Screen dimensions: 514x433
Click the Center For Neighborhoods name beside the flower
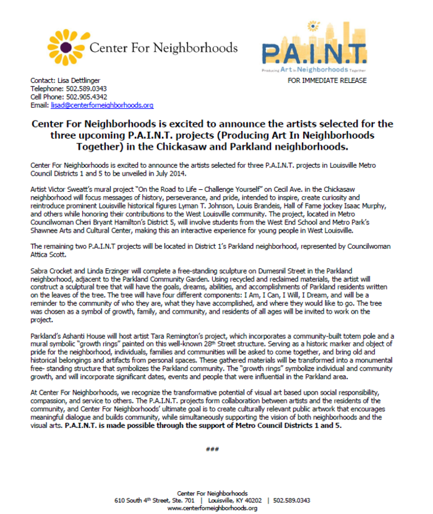tap(164, 48)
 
